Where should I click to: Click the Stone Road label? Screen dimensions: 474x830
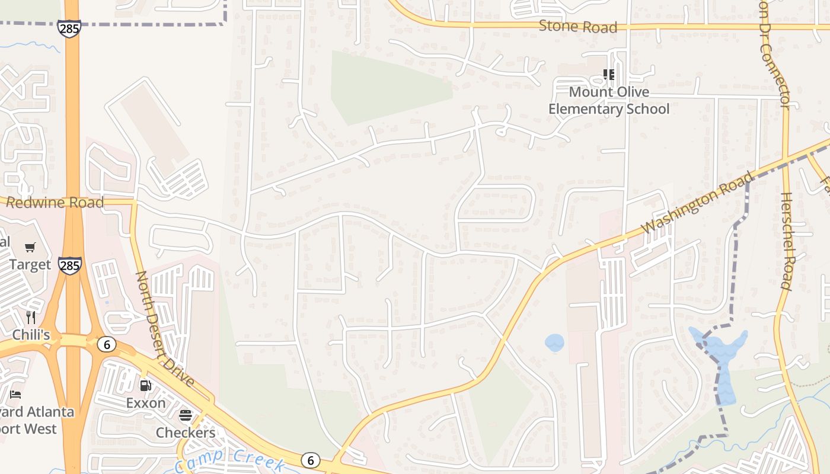click(578, 27)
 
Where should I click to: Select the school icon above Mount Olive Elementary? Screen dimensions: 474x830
click(609, 75)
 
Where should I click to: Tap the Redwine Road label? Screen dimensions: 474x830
click(55, 203)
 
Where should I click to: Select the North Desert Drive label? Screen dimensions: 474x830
click(165, 328)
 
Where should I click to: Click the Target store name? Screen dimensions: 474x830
click(30, 265)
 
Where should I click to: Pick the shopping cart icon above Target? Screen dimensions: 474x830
click(30, 247)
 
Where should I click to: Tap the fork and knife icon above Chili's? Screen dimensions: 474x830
click(31, 317)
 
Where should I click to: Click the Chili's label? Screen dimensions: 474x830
click(31, 335)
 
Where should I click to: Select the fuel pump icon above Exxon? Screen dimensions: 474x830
click(145, 386)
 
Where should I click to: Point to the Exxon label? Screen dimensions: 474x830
click(146, 403)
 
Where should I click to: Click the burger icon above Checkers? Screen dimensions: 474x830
click(186, 415)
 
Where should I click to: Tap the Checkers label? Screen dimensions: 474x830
click(186, 433)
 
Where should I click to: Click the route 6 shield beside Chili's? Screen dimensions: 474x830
click(107, 344)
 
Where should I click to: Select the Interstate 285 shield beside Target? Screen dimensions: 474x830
click(69, 265)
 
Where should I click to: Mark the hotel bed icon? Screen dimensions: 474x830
click(16, 394)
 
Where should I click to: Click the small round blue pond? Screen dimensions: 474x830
click(554, 342)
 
